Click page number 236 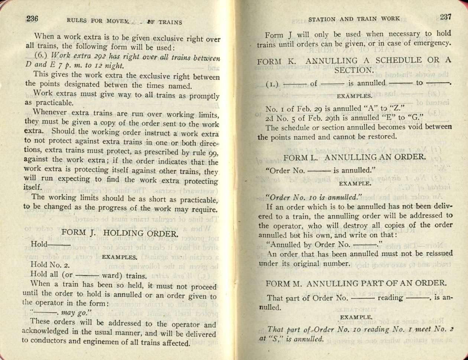coord(32,19)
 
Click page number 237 coord(445,17)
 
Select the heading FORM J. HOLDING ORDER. coord(120,233)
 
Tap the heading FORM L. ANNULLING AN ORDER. coord(354,157)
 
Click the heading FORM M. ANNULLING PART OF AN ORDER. coord(356,284)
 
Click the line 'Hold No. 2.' coord(50,265)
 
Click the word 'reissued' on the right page coord(436,253)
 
